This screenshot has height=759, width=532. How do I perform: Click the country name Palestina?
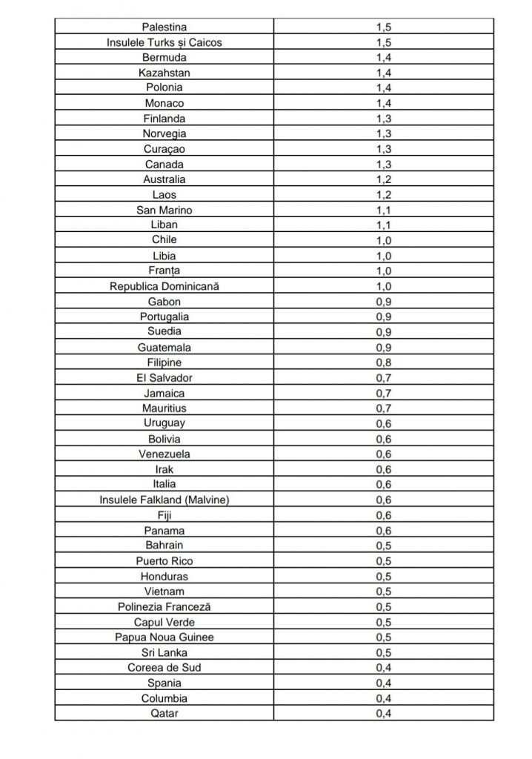[164, 27]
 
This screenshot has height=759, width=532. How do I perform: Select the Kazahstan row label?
[164, 73]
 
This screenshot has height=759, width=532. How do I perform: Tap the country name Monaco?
[164, 103]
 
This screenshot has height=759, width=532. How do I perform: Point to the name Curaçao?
[164, 149]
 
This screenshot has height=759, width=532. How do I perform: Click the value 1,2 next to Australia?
[383, 179]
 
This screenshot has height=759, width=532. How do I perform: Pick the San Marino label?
[164, 210]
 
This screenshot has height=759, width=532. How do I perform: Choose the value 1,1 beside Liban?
[383, 225]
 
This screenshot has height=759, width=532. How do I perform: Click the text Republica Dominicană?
[164, 286]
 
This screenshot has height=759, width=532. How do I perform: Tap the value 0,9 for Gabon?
[383, 301]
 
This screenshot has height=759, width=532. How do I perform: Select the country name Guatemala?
[164, 347]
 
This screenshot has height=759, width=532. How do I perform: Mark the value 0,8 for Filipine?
[383, 362]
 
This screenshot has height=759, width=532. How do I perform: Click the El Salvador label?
[164, 378]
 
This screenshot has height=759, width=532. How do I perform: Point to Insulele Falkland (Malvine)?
[164, 500]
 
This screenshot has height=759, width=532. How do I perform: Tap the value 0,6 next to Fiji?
[383, 515]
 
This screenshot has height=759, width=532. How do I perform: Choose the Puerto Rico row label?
[164, 561]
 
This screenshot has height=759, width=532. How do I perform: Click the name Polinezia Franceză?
[164, 607]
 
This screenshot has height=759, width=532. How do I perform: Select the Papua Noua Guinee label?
[164, 637]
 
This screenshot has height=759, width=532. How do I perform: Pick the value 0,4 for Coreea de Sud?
[383, 668]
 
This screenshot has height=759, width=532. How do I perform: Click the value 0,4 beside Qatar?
[383, 714]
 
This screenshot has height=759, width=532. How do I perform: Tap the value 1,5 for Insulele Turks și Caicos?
[383, 42]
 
